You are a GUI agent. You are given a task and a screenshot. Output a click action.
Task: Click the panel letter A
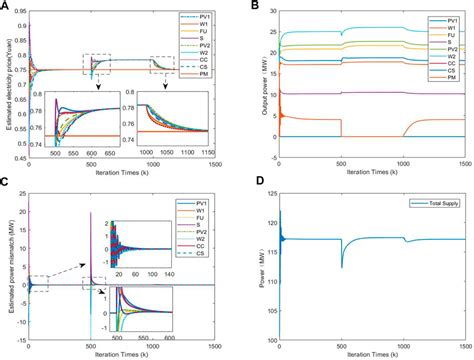tap(7, 8)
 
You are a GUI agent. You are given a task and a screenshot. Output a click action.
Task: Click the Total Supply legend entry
tap(437, 203)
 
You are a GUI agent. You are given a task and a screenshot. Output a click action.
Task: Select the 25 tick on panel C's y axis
tap(22, 194)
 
